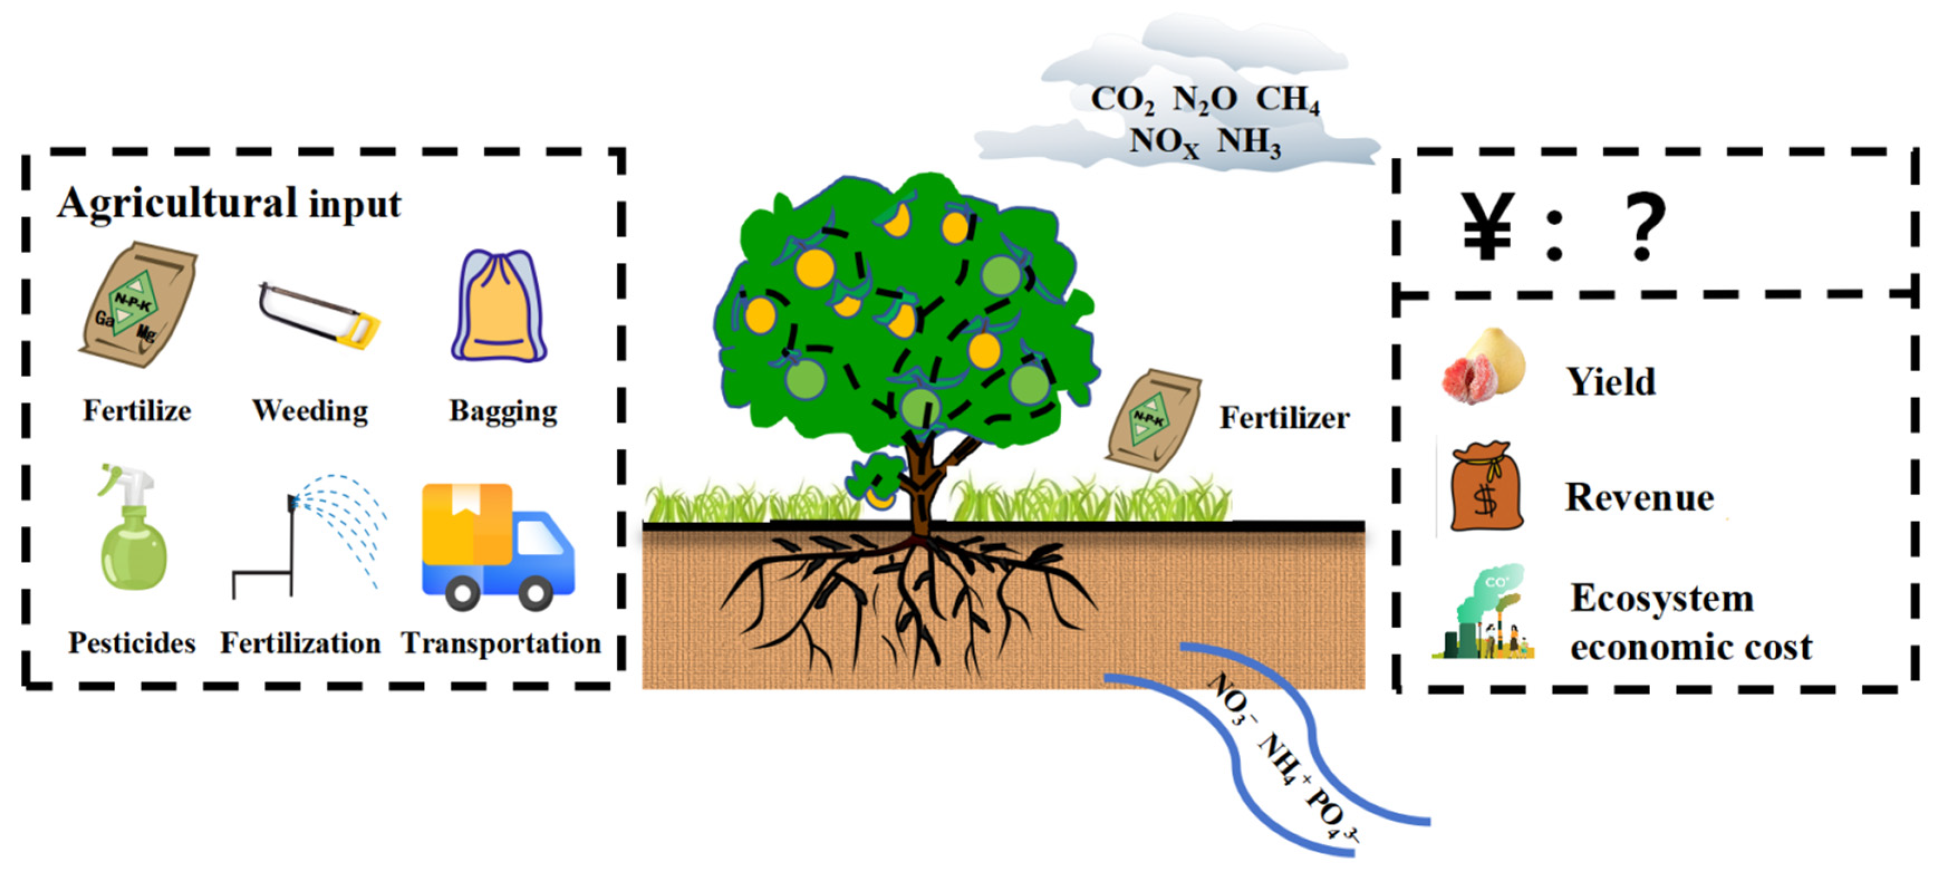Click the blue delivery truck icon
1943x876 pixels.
click(498, 546)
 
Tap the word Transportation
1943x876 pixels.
click(501, 643)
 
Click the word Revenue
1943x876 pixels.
click(1639, 497)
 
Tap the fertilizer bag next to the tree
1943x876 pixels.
click(1153, 419)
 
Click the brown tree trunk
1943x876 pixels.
click(922, 490)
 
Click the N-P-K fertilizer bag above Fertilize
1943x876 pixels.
click(138, 306)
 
